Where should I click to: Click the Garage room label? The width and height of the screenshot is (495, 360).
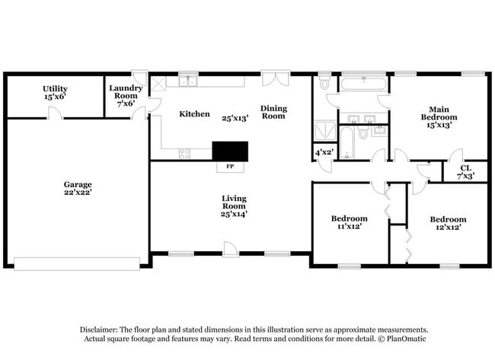pyautogui.click(x=78, y=184)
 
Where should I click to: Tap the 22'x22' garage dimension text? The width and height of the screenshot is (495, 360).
pyautogui.click(x=78, y=193)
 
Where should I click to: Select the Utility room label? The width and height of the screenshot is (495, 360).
pyautogui.click(x=55, y=88)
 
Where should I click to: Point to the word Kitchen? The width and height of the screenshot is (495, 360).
pyautogui.click(x=194, y=114)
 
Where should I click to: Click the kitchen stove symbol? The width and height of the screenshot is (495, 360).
pyautogui.click(x=185, y=153)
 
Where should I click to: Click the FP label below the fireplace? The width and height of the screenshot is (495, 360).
pyautogui.click(x=229, y=166)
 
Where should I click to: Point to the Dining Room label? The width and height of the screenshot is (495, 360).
pyautogui.click(x=273, y=112)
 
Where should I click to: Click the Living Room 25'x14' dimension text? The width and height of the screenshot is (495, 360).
pyautogui.click(x=234, y=215)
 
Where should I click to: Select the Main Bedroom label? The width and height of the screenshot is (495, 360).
pyautogui.click(x=439, y=113)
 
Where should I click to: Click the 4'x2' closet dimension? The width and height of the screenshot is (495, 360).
pyautogui.click(x=323, y=152)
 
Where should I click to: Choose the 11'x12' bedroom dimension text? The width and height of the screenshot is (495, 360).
pyautogui.click(x=350, y=226)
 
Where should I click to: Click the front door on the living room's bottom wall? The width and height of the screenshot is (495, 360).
pyautogui.click(x=228, y=247)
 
